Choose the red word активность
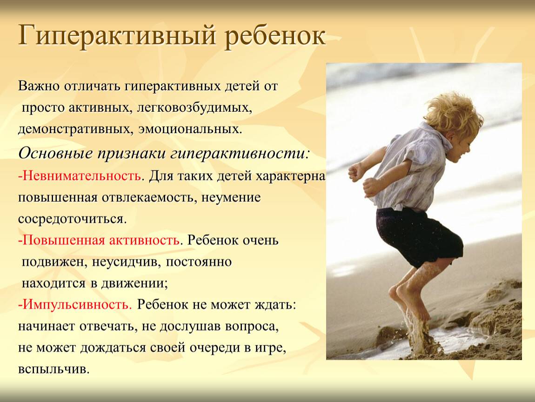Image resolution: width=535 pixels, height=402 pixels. click(x=144, y=241)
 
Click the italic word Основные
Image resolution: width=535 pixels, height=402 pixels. click(x=56, y=154)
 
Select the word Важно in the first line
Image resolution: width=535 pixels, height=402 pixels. click(x=39, y=86)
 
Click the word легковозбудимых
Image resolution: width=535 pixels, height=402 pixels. click(x=195, y=108)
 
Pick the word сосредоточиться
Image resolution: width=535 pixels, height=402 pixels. click(x=72, y=219)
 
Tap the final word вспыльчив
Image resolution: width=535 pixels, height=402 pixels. click(x=54, y=369)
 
